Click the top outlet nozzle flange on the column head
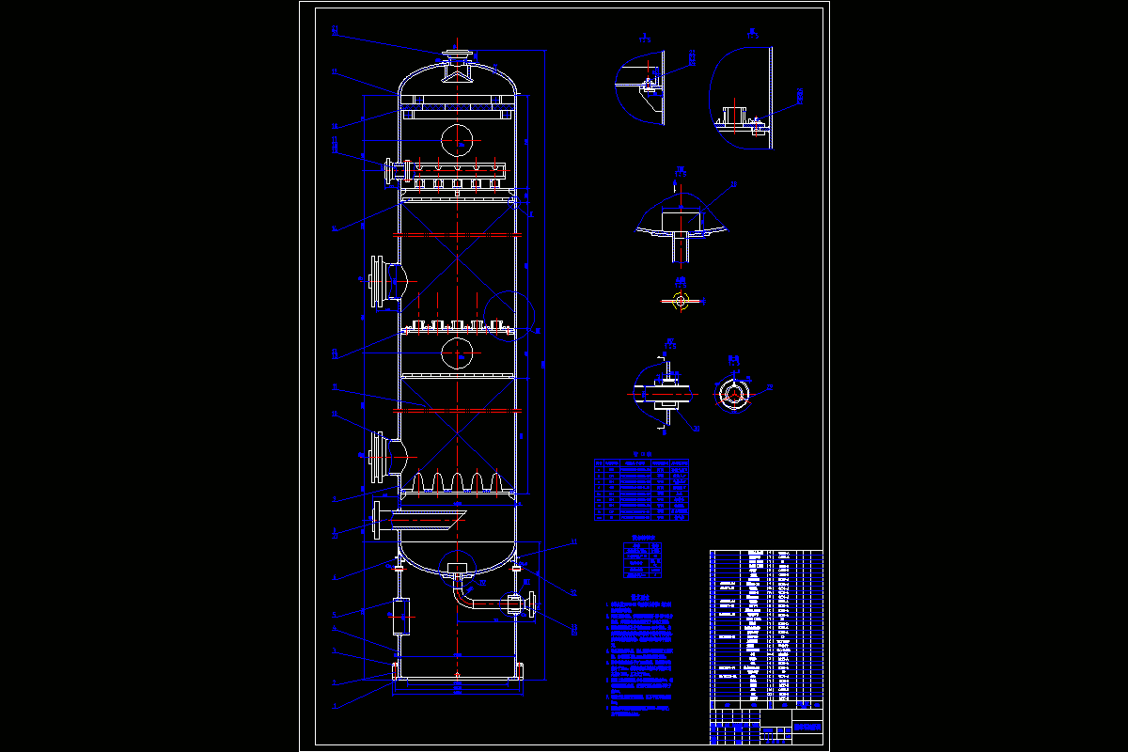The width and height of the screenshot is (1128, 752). (x=457, y=55)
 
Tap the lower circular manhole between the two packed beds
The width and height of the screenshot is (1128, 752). (x=457, y=352)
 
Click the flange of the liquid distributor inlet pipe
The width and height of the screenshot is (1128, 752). (x=388, y=172)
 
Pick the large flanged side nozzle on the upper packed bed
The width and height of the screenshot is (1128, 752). (x=381, y=280)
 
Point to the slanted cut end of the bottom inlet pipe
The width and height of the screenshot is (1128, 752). (x=457, y=517)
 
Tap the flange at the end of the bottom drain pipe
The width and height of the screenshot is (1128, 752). (x=532, y=604)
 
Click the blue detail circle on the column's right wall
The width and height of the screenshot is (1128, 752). (x=508, y=318)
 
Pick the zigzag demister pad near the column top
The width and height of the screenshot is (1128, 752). (x=457, y=105)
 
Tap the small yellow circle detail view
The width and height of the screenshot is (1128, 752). (x=681, y=301)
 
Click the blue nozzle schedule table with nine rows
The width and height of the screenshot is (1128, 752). (x=641, y=490)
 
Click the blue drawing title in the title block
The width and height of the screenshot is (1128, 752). (x=807, y=727)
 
